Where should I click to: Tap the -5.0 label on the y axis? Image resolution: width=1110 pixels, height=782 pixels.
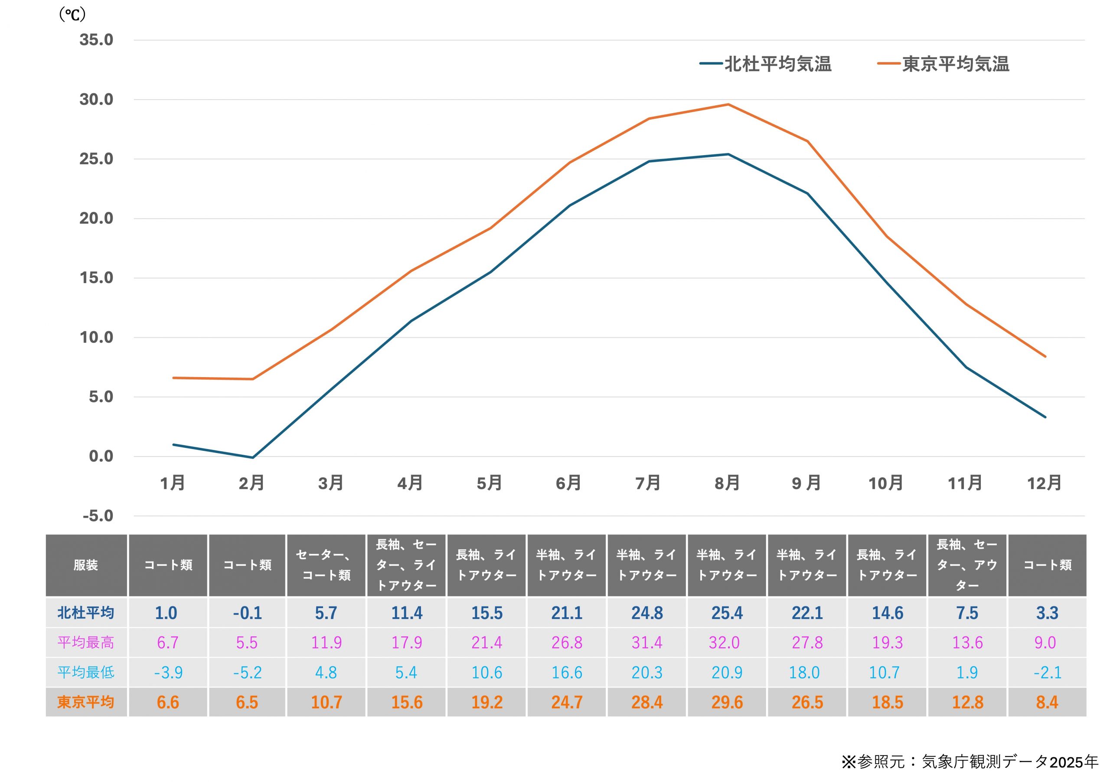tap(98, 516)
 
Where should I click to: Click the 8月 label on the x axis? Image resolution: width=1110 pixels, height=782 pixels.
tap(727, 483)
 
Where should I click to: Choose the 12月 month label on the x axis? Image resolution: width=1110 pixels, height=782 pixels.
tap(1044, 483)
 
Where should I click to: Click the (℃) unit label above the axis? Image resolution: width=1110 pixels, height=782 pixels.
tap(72, 14)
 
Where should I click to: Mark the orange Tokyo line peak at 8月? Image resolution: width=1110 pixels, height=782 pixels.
tap(728, 104)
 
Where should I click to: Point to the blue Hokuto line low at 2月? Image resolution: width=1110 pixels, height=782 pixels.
tap(252, 457)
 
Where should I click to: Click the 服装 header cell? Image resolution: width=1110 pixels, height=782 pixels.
tap(86, 565)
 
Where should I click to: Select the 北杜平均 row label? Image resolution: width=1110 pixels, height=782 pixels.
tap(86, 613)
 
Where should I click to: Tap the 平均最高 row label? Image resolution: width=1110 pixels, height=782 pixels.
tap(86, 643)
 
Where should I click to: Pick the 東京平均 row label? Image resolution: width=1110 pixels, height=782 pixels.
tap(86, 702)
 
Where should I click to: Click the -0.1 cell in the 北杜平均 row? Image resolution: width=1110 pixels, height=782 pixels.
tap(248, 613)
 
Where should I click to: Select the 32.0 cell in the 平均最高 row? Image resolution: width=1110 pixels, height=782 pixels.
tap(724, 643)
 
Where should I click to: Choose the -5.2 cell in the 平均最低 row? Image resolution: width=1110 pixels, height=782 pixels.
tap(248, 672)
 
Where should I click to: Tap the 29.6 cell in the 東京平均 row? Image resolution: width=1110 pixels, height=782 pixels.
tap(727, 702)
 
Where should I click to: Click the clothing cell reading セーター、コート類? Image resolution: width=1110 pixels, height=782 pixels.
tap(326, 565)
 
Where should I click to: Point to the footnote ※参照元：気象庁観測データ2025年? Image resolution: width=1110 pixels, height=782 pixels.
tap(970, 762)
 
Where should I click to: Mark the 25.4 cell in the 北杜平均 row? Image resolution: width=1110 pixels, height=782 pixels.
tap(727, 613)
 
